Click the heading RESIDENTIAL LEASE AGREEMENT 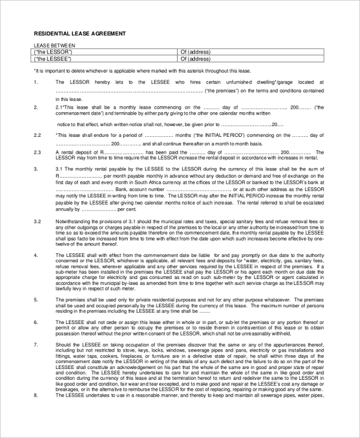[x=79, y=34]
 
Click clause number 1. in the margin [x=37, y=82]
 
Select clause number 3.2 [x=37, y=221]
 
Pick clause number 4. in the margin [x=37, y=255]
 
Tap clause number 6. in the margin [x=37, y=323]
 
